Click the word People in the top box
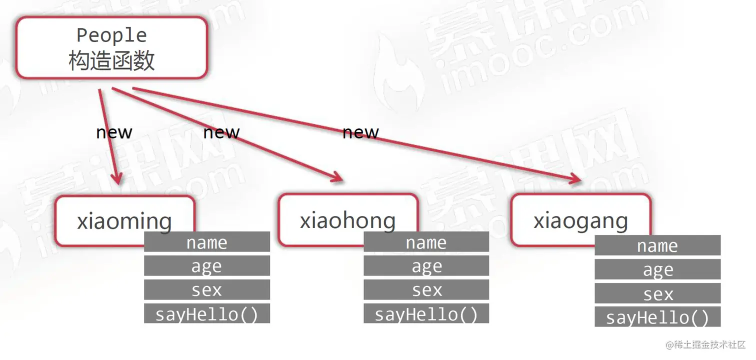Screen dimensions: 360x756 click(111, 35)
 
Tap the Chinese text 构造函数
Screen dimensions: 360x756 click(111, 60)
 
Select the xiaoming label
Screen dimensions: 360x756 click(124, 220)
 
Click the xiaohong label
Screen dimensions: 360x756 click(347, 220)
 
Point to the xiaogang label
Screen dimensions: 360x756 click(580, 220)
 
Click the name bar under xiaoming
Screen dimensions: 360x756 click(207, 242)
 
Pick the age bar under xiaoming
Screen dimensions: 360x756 click(207, 266)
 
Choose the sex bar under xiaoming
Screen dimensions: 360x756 click(207, 290)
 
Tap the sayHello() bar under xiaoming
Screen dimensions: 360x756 click(207, 314)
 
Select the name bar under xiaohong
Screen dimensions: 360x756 click(426, 242)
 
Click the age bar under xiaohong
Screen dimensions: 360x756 click(426, 266)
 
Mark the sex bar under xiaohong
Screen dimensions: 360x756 click(426, 290)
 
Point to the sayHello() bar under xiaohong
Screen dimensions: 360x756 click(426, 314)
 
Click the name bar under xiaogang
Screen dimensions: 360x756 click(657, 245)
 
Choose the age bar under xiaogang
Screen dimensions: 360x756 click(657, 269)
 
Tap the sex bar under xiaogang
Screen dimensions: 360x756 click(657, 293)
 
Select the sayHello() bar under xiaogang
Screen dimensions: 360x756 click(657, 317)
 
